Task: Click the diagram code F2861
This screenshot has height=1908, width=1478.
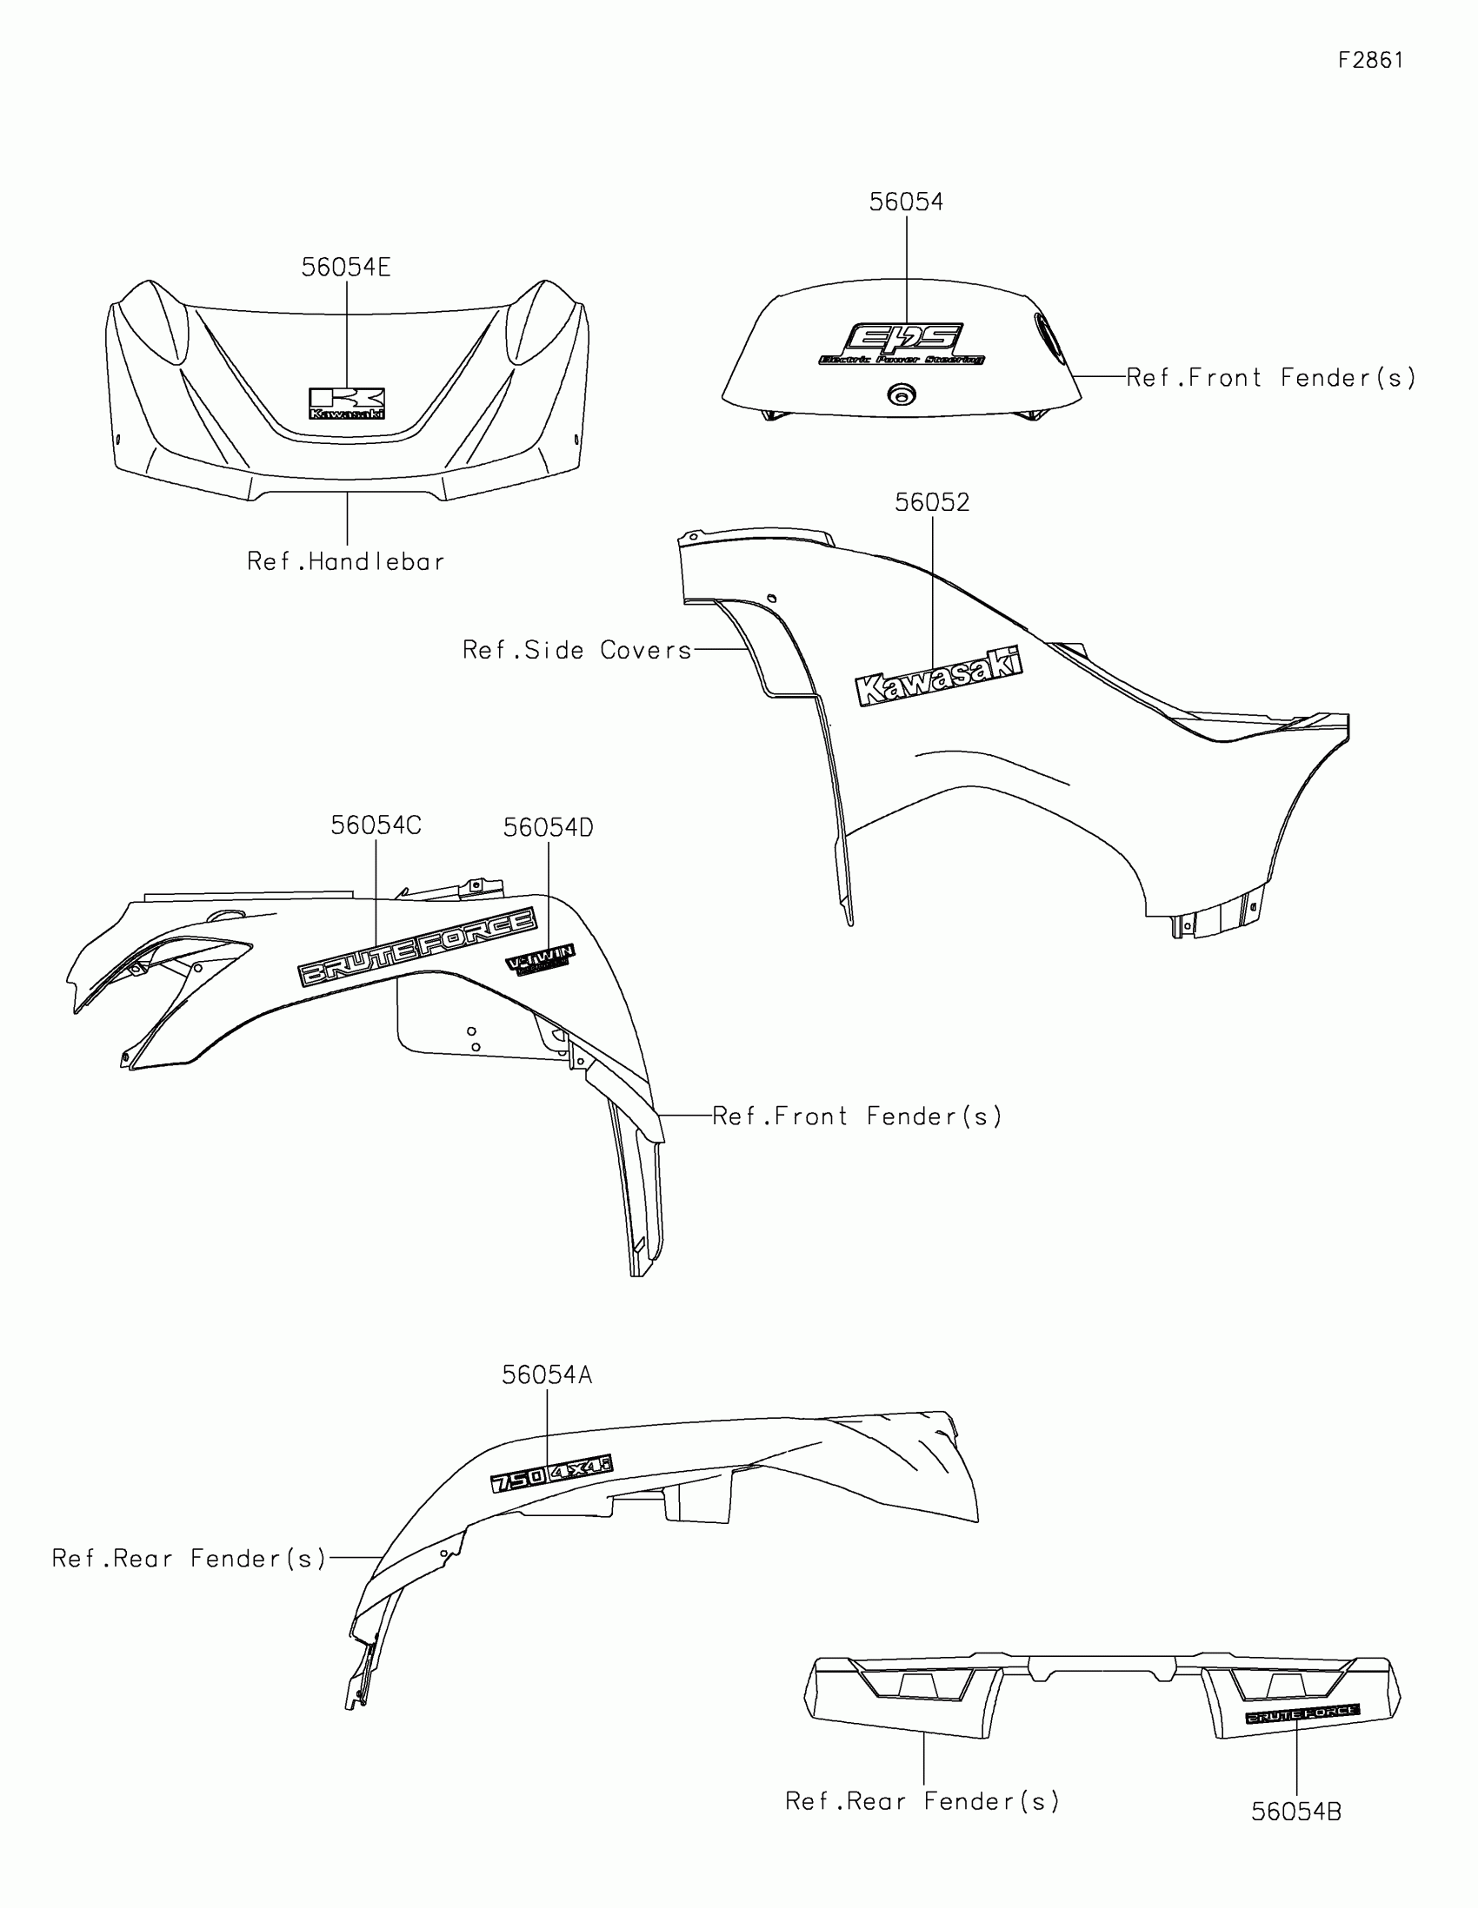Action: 1370,60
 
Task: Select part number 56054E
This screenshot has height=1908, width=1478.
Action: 346,268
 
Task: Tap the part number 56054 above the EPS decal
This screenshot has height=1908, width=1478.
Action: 907,202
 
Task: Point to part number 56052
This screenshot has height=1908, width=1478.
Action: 932,503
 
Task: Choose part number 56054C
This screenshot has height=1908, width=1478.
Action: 376,825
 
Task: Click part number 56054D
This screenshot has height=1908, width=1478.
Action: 548,828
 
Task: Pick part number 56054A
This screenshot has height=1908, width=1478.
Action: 547,1375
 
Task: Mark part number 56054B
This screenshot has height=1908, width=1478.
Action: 1296,1812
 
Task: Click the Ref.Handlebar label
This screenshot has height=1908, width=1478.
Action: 346,562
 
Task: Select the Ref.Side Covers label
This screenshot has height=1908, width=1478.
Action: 577,650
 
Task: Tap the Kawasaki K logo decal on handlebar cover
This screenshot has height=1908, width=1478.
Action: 347,404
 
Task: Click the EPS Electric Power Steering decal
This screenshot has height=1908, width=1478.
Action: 902,344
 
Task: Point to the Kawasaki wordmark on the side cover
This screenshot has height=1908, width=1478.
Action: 939,675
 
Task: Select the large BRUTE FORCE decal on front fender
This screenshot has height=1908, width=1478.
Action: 418,947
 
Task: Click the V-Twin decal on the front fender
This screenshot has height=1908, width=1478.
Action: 540,958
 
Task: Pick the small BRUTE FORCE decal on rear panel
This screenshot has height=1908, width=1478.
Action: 1302,1715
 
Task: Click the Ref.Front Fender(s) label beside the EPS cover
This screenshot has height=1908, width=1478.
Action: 1270,378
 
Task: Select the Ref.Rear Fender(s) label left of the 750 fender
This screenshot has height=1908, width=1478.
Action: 189,1559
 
